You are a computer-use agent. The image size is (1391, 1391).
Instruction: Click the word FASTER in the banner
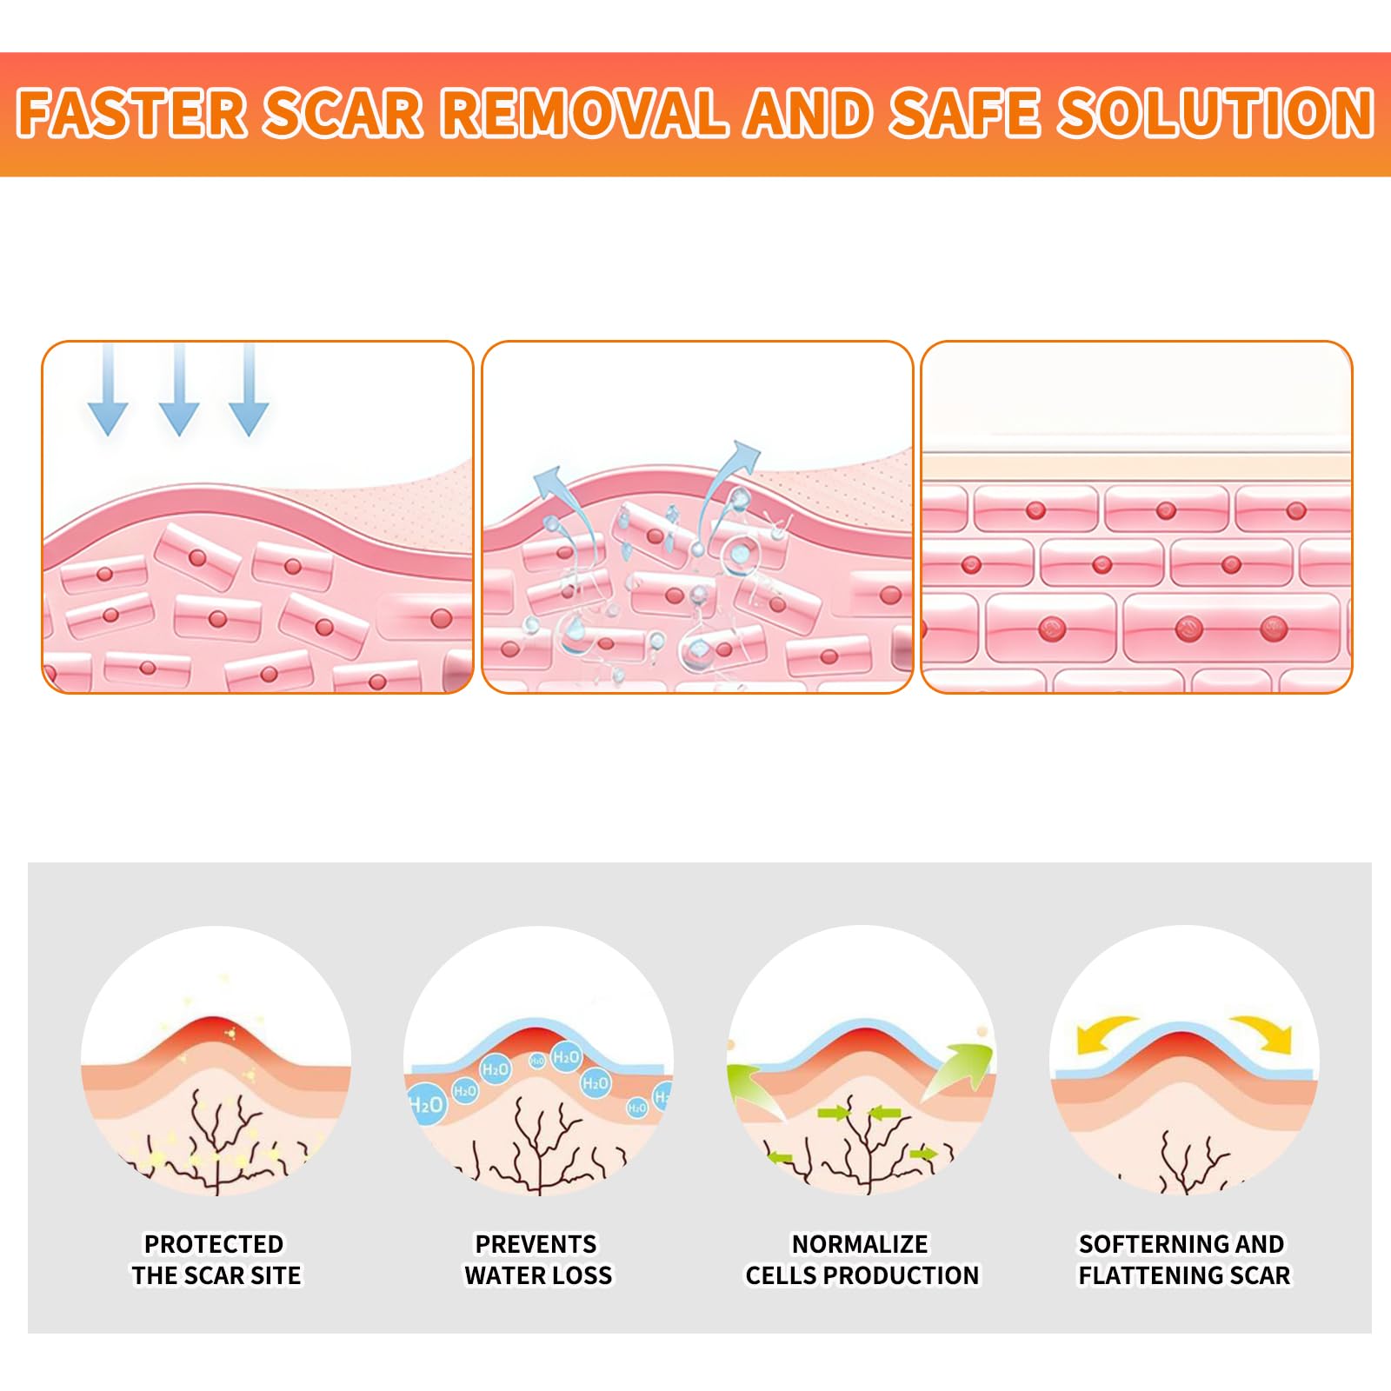click(x=132, y=113)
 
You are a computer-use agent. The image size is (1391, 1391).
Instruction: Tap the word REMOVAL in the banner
click(x=583, y=113)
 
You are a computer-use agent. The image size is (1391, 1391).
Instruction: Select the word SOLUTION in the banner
click(x=1215, y=113)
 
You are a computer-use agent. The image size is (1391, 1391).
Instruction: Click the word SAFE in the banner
click(x=964, y=113)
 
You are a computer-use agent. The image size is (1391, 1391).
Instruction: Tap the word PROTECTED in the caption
click(x=214, y=1244)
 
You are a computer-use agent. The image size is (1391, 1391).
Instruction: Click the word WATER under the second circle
click(x=502, y=1275)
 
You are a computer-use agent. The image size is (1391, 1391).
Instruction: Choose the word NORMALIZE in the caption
click(x=860, y=1244)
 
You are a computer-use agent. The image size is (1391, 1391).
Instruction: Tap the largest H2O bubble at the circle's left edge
click(x=426, y=1104)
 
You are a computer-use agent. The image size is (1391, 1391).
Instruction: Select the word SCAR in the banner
click(x=343, y=113)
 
